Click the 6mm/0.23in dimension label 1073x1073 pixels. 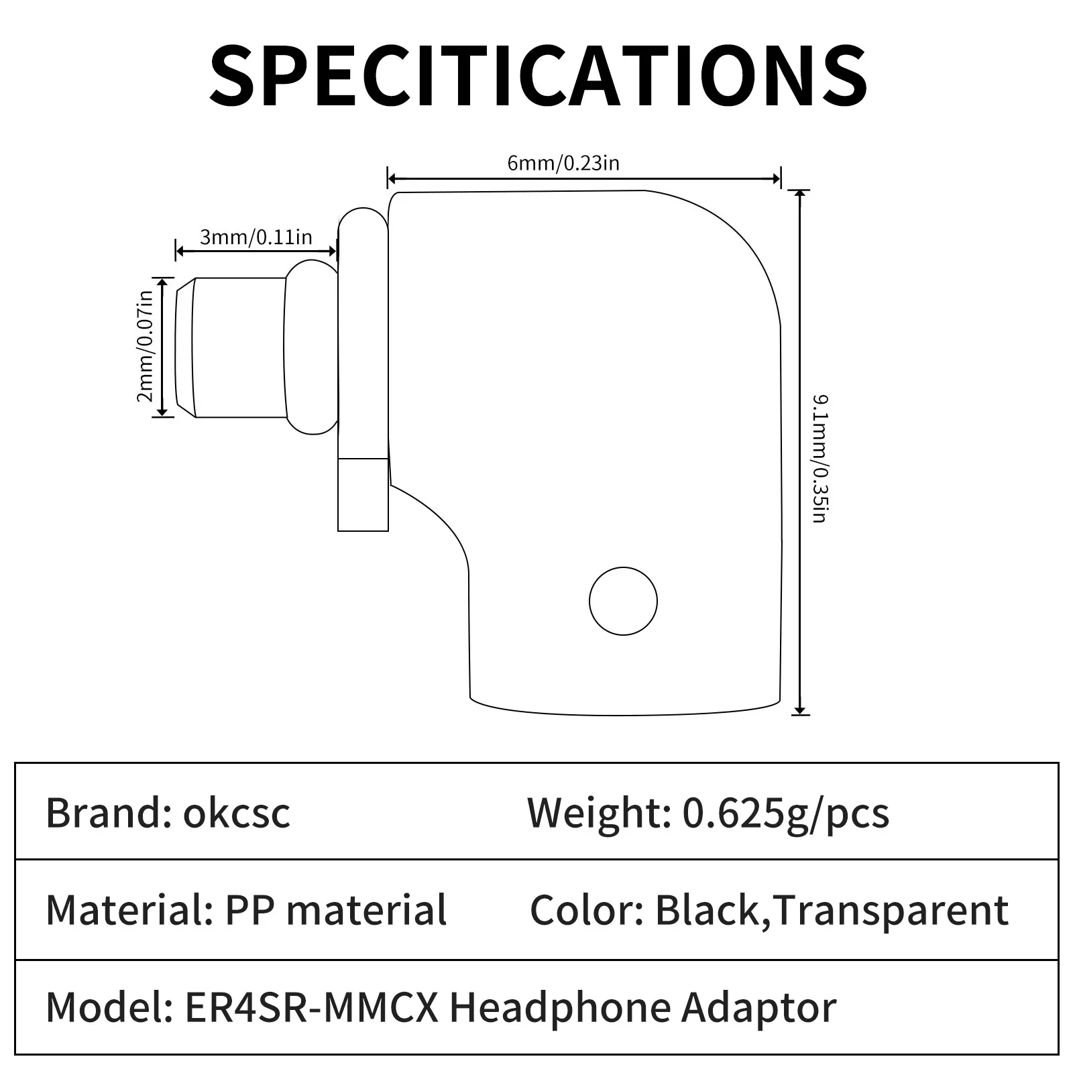click(563, 163)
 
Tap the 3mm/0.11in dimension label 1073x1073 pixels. click(256, 237)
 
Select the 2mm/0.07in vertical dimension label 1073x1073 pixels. click(145, 347)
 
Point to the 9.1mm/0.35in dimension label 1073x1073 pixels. click(819, 459)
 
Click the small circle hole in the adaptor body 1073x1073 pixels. click(623, 601)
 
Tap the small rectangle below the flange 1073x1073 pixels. click(363, 494)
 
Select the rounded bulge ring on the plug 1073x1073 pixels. click(310, 347)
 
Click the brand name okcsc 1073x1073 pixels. click(237, 813)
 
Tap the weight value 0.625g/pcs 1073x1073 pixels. click(786, 813)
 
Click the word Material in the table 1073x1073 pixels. click(127, 910)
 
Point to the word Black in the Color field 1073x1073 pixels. click(706, 910)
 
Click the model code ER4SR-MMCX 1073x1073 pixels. click(310, 1007)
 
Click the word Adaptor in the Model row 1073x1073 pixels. click(759, 1007)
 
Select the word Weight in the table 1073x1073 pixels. click(598, 813)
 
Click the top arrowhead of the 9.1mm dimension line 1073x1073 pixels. click(799, 195)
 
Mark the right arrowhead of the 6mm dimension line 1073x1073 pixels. click(776, 178)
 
